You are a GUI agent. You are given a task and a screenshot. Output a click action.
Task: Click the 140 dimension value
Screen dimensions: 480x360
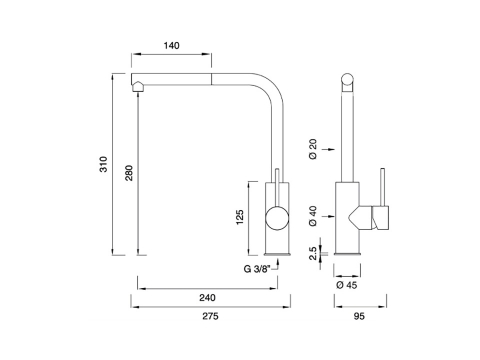[171, 45]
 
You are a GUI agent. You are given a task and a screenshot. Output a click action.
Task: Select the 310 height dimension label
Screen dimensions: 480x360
[104, 164]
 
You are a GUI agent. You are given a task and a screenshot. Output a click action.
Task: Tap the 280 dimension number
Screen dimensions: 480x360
[129, 173]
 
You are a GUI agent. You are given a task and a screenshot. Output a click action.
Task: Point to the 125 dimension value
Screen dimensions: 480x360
[240, 217]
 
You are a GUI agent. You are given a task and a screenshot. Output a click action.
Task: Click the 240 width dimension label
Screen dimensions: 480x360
[207, 297]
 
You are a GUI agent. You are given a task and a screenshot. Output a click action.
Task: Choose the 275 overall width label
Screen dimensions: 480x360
[210, 316]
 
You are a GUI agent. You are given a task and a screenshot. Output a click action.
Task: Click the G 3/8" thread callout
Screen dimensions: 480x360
[257, 269]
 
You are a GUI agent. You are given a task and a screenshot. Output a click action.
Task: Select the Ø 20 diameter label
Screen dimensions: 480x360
[313, 149]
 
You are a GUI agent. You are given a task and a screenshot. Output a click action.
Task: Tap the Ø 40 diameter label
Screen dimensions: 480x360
[313, 216]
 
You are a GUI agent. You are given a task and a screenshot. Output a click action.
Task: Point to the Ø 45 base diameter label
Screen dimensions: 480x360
[347, 285]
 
